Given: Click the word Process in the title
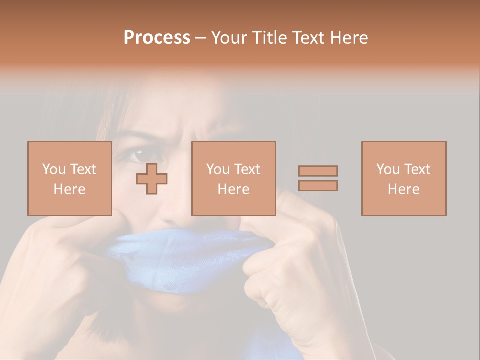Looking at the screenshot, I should pyautogui.click(x=157, y=38).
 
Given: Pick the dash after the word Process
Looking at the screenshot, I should pyautogui.click(x=201, y=38).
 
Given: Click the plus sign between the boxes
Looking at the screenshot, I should pyautogui.click(x=152, y=178).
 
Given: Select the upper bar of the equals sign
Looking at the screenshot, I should pyautogui.click(x=318, y=171).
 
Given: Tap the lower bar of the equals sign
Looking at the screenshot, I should pyautogui.click(x=318, y=185).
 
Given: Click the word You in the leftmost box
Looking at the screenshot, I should pyautogui.click(x=53, y=169).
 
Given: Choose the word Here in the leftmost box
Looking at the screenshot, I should pyautogui.click(x=69, y=189).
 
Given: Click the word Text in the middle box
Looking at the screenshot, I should pyautogui.click(x=247, y=169).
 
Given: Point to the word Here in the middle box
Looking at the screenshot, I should pyautogui.click(x=233, y=189).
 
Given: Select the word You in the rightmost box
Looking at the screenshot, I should pyautogui.click(x=388, y=169).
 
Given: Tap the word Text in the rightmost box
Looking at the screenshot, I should pyautogui.click(x=417, y=169).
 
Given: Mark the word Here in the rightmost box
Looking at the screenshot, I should pyautogui.click(x=403, y=189).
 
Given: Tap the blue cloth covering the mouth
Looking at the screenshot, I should pyautogui.click(x=185, y=260).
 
